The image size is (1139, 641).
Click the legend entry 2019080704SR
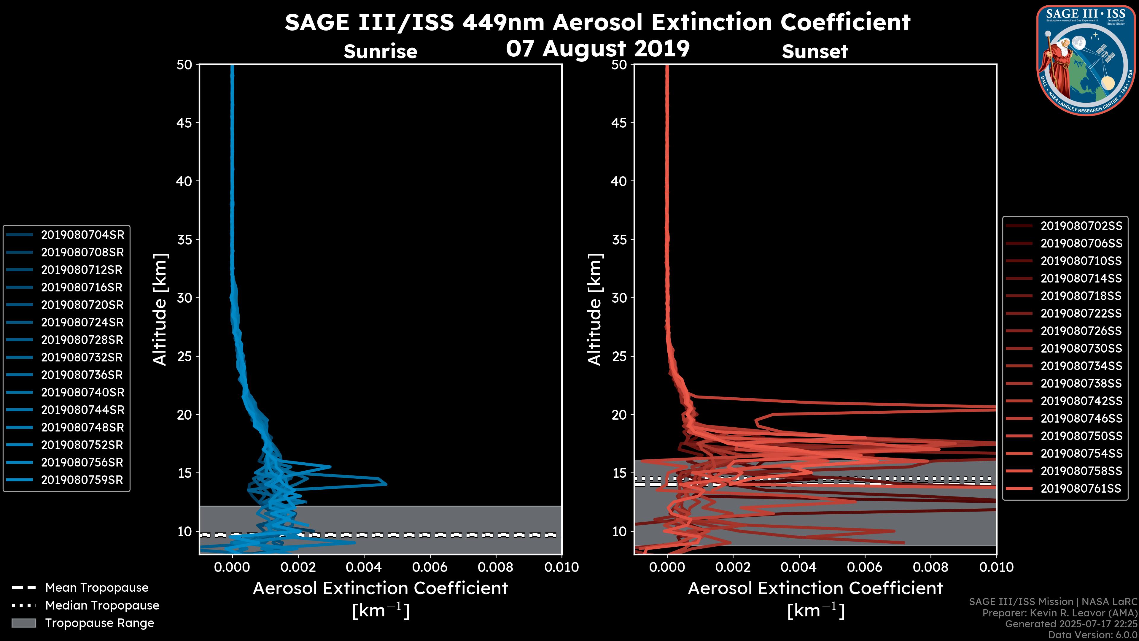(82, 235)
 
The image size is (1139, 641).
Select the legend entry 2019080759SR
(82, 480)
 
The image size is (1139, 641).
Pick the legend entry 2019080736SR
(82, 375)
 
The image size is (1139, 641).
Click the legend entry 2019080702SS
(1081, 226)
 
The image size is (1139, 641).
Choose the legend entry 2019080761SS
(1081, 488)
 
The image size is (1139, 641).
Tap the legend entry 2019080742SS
(1081, 401)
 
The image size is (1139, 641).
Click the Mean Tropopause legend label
(97, 588)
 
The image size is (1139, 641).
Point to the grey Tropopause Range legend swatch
(23, 623)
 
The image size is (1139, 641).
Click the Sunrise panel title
(380, 52)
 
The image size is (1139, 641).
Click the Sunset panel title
(815, 52)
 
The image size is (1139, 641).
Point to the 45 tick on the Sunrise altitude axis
(184, 123)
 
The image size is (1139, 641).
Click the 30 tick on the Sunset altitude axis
(619, 298)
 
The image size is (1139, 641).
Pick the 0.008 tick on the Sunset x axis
(931, 567)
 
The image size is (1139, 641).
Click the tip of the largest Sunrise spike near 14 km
(386, 484)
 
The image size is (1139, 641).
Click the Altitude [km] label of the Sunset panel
(595, 310)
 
